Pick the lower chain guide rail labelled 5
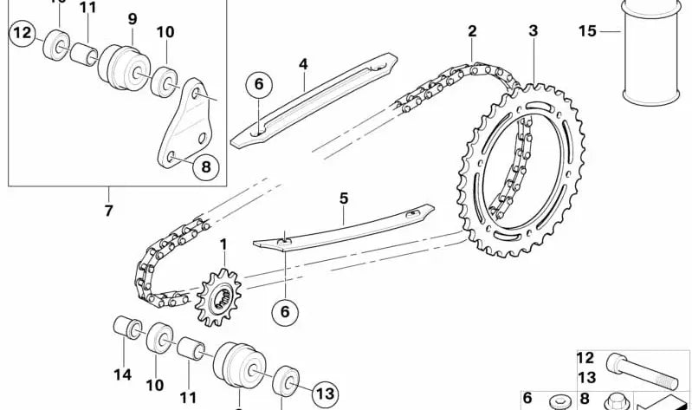click(346, 230)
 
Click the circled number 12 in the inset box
click(23, 35)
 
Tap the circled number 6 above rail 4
click(257, 84)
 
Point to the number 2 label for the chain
click(472, 31)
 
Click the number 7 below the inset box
click(109, 210)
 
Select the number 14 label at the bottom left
click(122, 374)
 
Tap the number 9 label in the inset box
click(133, 19)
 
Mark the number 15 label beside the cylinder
click(588, 31)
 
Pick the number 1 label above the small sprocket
click(223, 246)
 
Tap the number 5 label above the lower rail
click(344, 198)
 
